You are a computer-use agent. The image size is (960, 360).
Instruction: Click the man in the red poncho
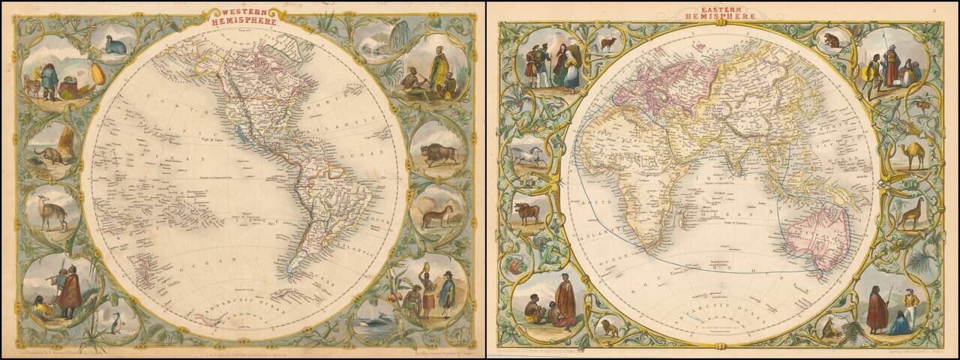(70, 289)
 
